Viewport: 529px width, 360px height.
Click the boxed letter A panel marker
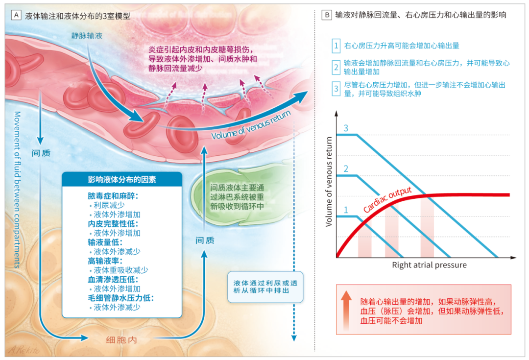tap(16, 15)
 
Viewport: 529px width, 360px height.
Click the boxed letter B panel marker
tap(327, 15)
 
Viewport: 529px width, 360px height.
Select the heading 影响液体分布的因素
tap(122, 180)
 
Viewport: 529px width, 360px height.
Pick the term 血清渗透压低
tap(109, 280)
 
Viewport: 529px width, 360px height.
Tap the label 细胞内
tap(121, 339)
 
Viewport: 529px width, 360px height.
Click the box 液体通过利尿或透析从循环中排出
tap(265, 287)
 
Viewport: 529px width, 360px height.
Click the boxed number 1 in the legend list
tap(336, 46)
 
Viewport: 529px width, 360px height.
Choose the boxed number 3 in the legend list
tap(336, 89)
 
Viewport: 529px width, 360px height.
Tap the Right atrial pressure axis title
tap(429, 265)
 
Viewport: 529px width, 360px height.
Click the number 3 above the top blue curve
tap(346, 128)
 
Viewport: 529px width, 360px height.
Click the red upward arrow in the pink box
tap(346, 308)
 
